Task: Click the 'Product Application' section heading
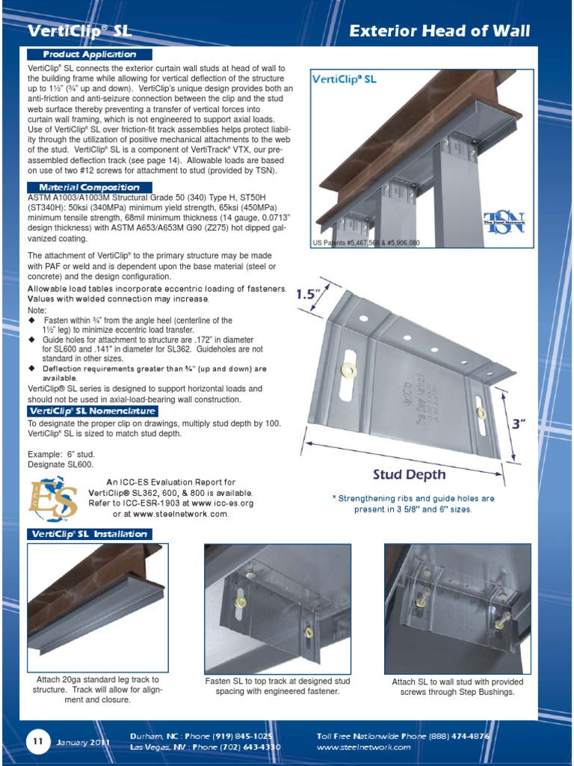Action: pyautogui.click(x=90, y=55)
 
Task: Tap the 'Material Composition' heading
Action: pyautogui.click(x=90, y=187)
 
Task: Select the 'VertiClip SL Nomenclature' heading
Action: pyautogui.click(x=92, y=411)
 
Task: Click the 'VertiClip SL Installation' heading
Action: pyautogui.click(x=89, y=534)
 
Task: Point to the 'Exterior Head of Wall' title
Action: pyautogui.click(x=440, y=31)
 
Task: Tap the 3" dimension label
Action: pyautogui.click(x=519, y=424)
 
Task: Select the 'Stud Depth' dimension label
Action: pyautogui.click(x=409, y=474)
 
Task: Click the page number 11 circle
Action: pyautogui.click(x=36, y=741)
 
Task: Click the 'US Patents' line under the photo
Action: pyautogui.click(x=366, y=243)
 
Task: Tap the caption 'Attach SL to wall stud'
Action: pyautogui.click(x=457, y=687)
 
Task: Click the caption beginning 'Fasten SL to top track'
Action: pyautogui.click(x=277, y=686)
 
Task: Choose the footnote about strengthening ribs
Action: pyautogui.click(x=413, y=503)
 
